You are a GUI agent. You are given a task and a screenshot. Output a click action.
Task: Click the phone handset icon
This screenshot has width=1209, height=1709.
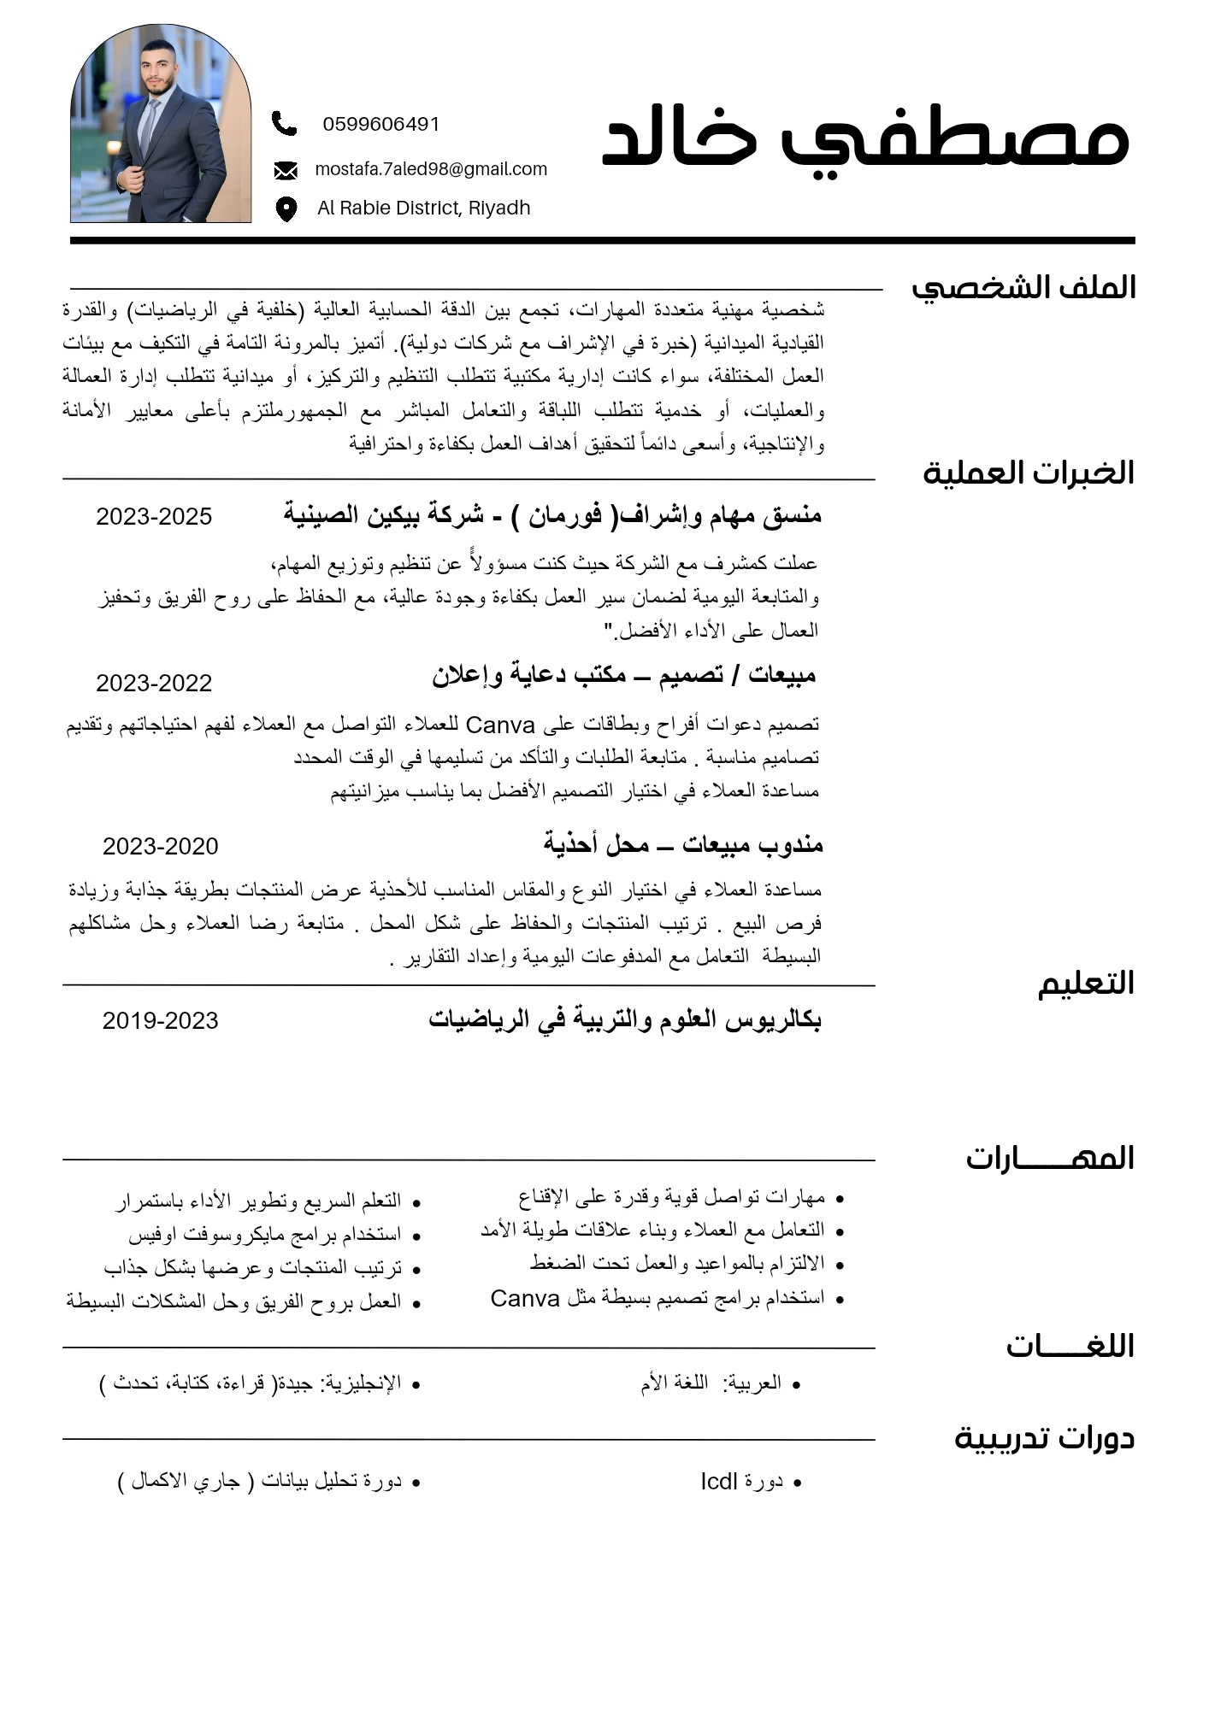point(284,124)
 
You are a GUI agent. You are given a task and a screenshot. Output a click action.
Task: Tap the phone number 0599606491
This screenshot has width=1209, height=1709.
point(380,125)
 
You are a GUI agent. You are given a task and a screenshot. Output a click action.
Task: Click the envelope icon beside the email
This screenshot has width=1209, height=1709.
point(286,171)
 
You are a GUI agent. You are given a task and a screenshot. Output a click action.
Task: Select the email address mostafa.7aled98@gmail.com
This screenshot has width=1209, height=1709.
point(431,169)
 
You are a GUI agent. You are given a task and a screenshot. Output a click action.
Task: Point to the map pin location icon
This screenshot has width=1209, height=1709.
point(286,208)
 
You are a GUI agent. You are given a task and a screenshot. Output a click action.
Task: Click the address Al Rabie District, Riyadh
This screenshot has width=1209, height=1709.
point(423,208)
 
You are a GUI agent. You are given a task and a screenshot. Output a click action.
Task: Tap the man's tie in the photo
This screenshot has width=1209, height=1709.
point(150,124)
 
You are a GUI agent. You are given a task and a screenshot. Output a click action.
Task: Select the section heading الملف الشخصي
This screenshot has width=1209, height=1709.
point(1023,288)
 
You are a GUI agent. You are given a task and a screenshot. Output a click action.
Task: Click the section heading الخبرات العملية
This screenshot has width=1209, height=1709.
point(1028,473)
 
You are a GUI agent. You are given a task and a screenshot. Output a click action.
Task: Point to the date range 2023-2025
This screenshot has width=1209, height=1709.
point(154,516)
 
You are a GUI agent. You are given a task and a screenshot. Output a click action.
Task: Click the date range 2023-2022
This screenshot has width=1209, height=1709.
point(154,683)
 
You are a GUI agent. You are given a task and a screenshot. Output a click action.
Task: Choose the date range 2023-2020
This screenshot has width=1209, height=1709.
point(160,846)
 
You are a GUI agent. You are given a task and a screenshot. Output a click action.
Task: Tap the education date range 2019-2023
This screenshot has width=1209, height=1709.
point(160,1020)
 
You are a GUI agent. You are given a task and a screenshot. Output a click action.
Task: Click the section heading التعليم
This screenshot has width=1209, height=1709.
point(1085,984)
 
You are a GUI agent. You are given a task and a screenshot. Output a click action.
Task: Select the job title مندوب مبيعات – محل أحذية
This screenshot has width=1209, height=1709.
point(682,844)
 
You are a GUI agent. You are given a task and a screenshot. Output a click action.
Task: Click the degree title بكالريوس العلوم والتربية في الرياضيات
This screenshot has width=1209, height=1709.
point(624,1019)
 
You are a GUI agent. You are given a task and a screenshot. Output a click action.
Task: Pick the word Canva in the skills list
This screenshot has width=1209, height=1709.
point(524,1298)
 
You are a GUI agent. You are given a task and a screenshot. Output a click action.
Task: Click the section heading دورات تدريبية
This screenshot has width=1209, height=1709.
point(1043,1438)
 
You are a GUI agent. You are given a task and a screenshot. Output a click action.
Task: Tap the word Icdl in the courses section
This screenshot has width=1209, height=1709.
point(718,1481)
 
